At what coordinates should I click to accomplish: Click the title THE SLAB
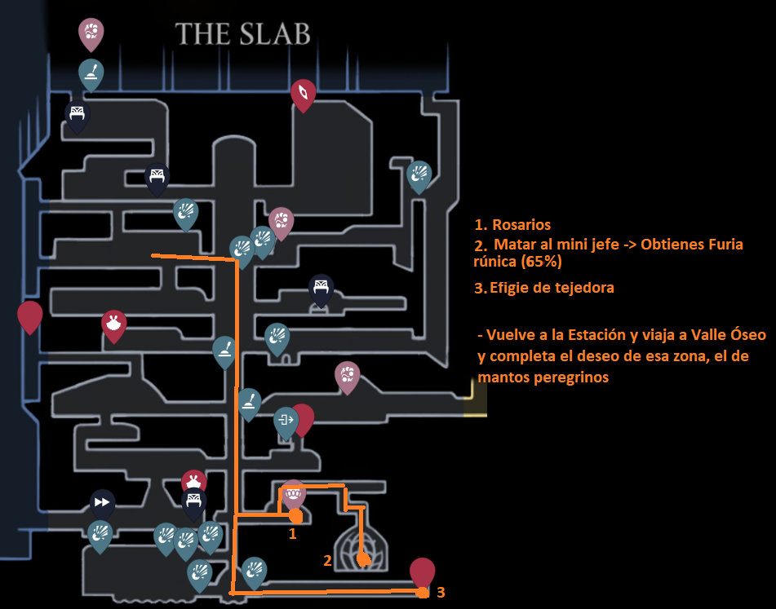coord(243,34)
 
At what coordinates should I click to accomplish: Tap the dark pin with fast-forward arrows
coord(101,502)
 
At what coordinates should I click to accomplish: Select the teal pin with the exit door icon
coord(286,421)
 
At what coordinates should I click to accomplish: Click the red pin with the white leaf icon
coord(303,92)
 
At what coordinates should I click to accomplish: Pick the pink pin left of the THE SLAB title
coord(91,33)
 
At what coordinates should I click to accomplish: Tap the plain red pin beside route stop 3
coord(422,571)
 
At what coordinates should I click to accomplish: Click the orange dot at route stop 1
coord(295,516)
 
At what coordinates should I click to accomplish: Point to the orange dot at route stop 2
coord(364,560)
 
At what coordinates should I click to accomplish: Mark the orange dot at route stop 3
coord(421,593)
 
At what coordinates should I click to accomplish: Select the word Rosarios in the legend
coord(521,225)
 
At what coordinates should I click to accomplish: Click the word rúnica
coord(499,263)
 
